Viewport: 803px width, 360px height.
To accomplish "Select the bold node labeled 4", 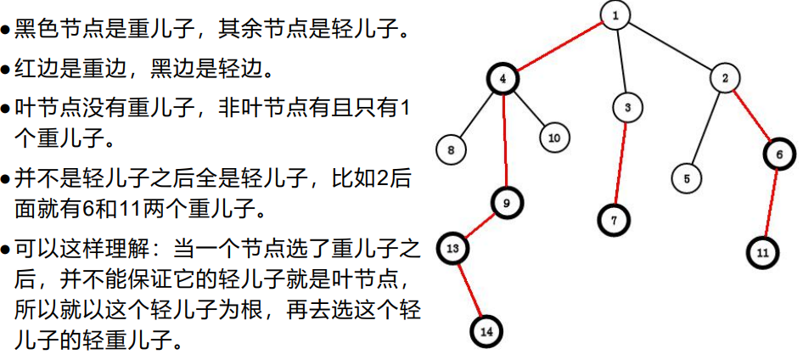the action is point(503,80).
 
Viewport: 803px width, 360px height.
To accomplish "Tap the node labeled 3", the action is point(626,108).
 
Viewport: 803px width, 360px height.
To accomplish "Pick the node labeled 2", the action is point(725,79).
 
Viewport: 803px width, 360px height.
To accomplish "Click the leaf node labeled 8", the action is point(451,150).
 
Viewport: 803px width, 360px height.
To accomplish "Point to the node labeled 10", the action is point(553,137).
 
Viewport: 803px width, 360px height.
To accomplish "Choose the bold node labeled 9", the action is point(506,203).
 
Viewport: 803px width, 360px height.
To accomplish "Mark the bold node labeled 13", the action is point(452,249).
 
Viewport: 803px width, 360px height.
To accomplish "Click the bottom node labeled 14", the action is point(486,332).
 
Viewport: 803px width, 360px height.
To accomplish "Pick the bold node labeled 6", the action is point(778,154).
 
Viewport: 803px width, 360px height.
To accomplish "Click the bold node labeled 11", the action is point(762,252).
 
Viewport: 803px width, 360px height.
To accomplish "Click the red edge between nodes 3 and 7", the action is point(620,163).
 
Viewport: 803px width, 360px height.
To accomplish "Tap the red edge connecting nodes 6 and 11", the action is point(770,203).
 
